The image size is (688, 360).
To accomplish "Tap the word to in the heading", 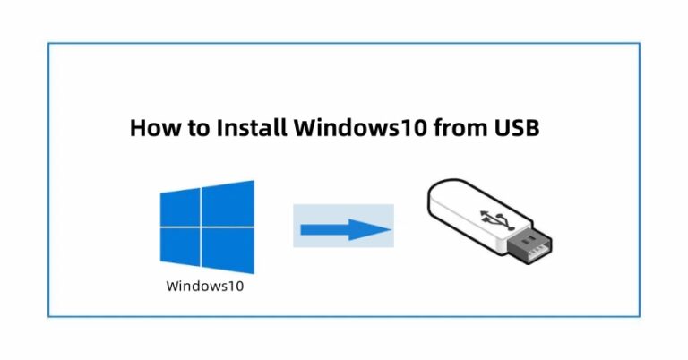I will coord(196,127).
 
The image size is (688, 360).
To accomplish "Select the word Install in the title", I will coord(250,127).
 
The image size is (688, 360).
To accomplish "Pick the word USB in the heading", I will coord(516,127).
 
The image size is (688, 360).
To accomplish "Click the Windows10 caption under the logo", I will coord(205,287).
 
